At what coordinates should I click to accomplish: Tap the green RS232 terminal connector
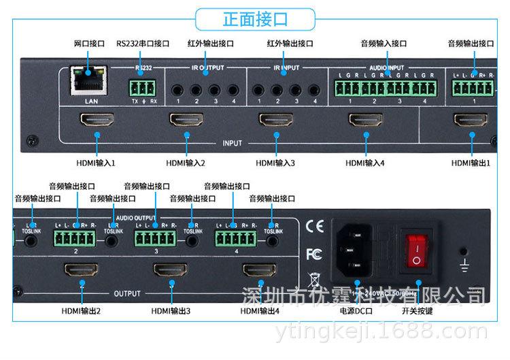pyautogui.click(x=143, y=86)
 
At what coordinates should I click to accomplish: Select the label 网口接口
pyautogui.click(x=89, y=44)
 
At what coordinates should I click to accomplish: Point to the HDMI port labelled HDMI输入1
pyautogui.click(x=98, y=120)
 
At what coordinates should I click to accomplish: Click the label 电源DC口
pyautogui.click(x=356, y=311)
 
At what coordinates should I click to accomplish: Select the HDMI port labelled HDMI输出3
pyautogui.click(x=170, y=270)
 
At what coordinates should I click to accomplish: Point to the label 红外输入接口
pyautogui.click(x=290, y=44)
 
